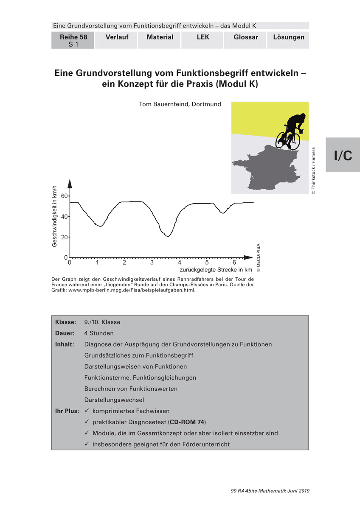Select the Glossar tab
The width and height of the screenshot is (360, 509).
[x=246, y=37]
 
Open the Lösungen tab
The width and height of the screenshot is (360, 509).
[x=289, y=37]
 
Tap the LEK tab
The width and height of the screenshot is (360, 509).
[x=203, y=37]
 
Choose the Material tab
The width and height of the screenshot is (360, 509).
[x=160, y=37]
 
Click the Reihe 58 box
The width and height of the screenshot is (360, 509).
[x=73, y=40]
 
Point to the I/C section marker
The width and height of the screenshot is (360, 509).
[x=343, y=155]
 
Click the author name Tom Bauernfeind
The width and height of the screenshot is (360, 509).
[x=180, y=104]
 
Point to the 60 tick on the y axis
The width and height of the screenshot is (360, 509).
[x=65, y=196]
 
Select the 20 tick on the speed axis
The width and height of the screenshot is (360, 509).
[x=65, y=237]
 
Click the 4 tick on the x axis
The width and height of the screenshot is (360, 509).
[x=180, y=263]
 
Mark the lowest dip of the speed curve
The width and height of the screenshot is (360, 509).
[x=167, y=236]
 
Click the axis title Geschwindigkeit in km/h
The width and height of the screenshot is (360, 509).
[x=54, y=216]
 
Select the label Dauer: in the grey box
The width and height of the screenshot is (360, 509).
[x=65, y=333]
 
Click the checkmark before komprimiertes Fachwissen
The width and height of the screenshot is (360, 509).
[x=87, y=411]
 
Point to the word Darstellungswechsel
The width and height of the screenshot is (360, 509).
[x=114, y=400]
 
